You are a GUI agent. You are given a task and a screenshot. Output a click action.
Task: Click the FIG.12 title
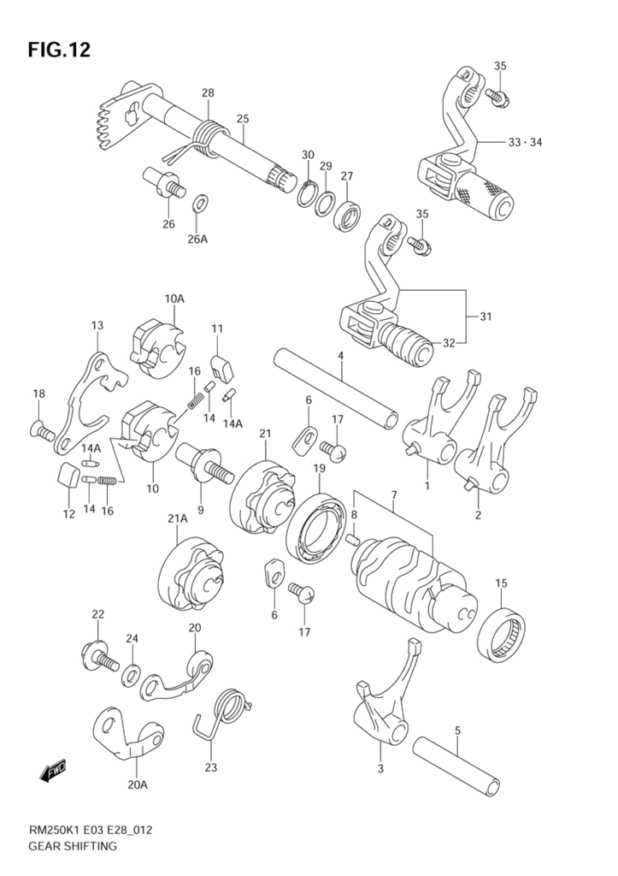coord(59,50)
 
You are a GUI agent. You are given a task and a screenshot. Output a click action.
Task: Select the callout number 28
coord(208,92)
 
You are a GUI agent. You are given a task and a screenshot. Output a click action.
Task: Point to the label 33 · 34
coord(525,142)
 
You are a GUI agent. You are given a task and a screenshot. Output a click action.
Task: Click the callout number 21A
coord(178,518)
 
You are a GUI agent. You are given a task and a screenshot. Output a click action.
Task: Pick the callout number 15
coord(501,583)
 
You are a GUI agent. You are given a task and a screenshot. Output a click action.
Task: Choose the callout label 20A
coord(138,785)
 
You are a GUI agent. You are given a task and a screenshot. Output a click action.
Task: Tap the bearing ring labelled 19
coord(318,526)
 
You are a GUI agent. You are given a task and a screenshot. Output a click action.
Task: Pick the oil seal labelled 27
coord(347,214)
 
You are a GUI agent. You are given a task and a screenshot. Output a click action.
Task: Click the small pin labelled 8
coord(351,539)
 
